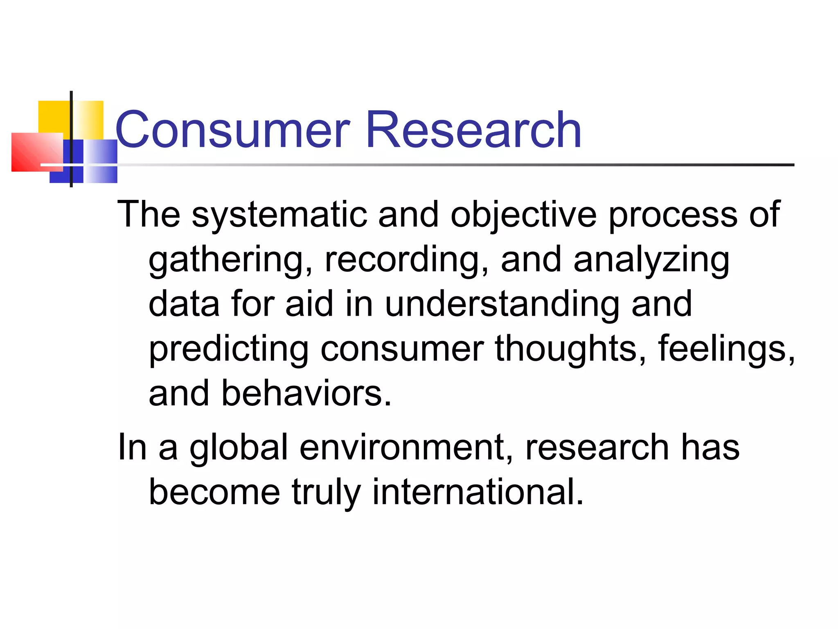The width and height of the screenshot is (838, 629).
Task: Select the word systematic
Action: point(279,215)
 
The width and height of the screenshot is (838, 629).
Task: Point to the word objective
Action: point(523,215)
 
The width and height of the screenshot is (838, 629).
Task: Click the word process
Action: point(673,215)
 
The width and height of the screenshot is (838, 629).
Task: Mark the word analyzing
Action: point(651,260)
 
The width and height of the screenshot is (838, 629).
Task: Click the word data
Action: point(184,304)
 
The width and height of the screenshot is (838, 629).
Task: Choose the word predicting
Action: point(228,349)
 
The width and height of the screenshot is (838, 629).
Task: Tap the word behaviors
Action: point(306,394)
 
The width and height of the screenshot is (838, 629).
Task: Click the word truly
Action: point(326,493)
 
